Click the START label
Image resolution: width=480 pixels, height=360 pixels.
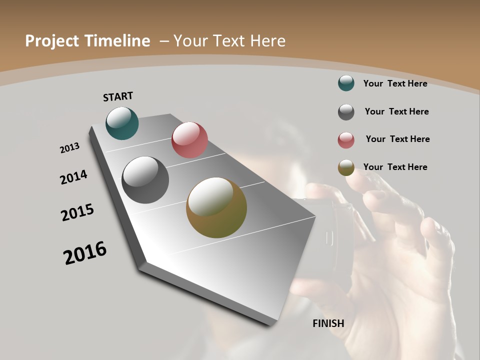click(x=118, y=96)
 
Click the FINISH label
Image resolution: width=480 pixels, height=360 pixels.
click(x=328, y=323)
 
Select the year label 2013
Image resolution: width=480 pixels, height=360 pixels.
click(x=69, y=148)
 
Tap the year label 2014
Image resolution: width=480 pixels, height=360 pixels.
click(x=73, y=177)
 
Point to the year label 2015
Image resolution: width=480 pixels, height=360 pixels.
click(x=77, y=212)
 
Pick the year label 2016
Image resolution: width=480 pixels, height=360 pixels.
click(x=85, y=252)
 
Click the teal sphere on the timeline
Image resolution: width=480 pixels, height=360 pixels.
click(x=122, y=123)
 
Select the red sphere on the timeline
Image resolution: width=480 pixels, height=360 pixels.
click(x=189, y=140)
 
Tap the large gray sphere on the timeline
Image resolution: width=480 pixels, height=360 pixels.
click(x=145, y=180)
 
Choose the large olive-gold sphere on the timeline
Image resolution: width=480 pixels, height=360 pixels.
click(x=216, y=207)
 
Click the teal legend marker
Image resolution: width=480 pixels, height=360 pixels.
click(x=346, y=83)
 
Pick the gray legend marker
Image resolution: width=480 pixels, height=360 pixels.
click(x=346, y=112)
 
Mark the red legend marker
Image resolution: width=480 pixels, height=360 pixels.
click(x=346, y=140)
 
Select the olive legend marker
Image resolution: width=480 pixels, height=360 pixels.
click(x=346, y=167)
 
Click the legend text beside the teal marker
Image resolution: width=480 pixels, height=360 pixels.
click(x=395, y=83)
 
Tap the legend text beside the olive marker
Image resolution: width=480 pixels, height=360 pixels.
click(x=395, y=167)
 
